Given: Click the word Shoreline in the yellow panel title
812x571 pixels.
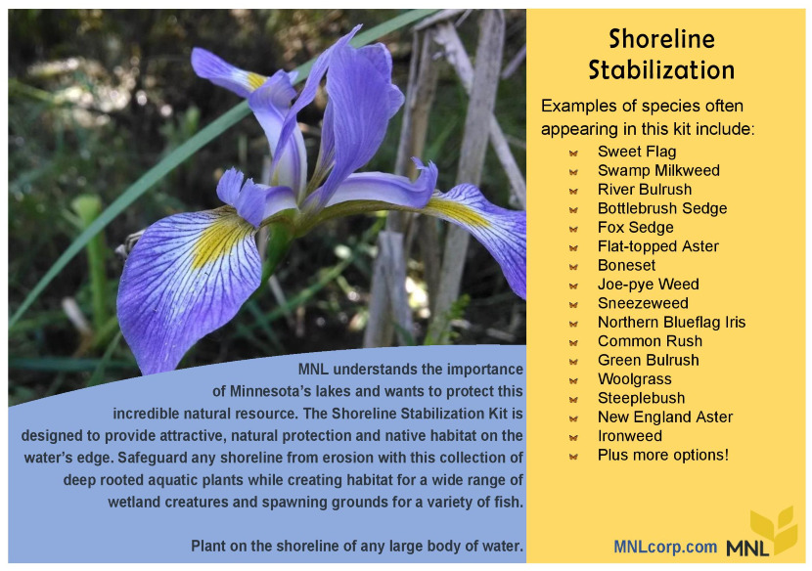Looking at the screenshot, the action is pyautogui.click(x=661, y=39).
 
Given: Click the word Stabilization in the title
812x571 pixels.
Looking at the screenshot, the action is pyautogui.click(x=661, y=69).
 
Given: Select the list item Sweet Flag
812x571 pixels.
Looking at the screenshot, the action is pyautogui.click(x=637, y=152).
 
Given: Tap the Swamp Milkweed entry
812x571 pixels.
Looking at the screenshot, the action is pyautogui.click(x=658, y=171).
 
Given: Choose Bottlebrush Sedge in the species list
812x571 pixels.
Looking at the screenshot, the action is pyautogui.click(x=661, y=208).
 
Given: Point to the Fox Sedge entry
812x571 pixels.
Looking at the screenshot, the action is pyautogui.click(x=635, y=228).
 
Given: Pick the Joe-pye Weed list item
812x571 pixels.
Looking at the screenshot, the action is pyautogui.click(x=648, y=285).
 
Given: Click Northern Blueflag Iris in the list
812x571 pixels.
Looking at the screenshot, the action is pyautogui.click(x=671, y=323).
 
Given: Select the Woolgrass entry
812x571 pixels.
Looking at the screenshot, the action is pyautogui.click(x=634, y=379).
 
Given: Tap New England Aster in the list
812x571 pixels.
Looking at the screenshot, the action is pyautogui.click(x=665, y=417).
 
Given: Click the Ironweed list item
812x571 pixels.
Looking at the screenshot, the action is pyautogui.click(x=629, y=436).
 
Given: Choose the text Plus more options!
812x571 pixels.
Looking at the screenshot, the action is pyautogui.click(x=663, y=455).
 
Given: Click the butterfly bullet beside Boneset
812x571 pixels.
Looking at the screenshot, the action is pyautogui.click(x=573, y=267).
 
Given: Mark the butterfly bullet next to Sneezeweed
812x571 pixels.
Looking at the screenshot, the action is pyautogui.click(x=573, y=304).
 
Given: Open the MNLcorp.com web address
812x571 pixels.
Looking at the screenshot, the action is pyautogui.click(x=665, y=547).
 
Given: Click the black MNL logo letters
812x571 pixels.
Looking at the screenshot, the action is pyautogui.click(x=747, y=549).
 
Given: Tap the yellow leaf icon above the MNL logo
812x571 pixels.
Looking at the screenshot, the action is pyautogui.click(x=774, y=529).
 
